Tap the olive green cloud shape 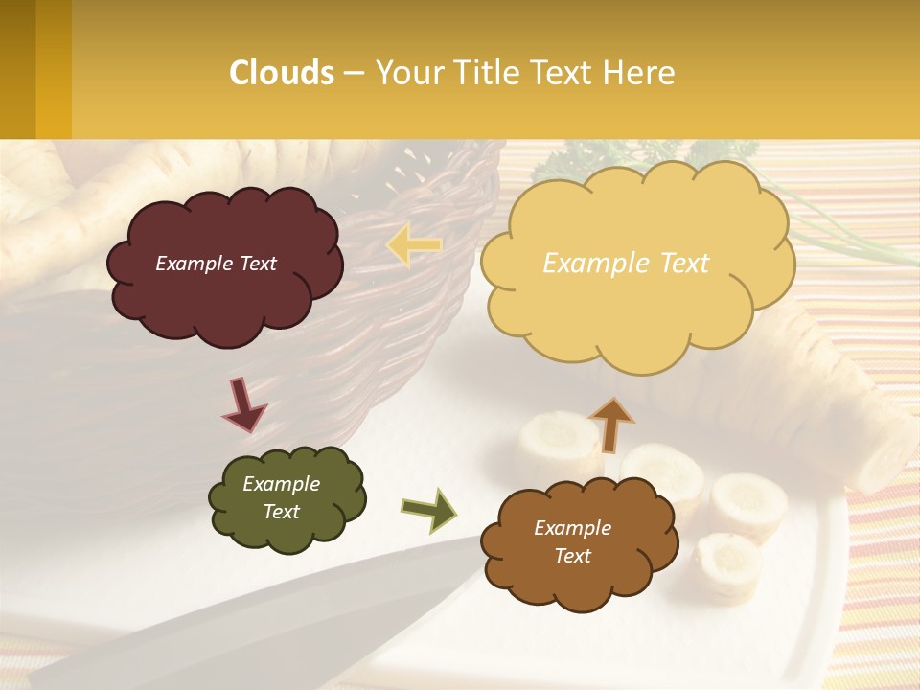click(287, 532)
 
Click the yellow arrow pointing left click(414, 245)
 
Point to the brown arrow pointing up click(610, 425)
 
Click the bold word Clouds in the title click(281, 73)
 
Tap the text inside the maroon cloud click(216, 264)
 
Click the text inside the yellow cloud click(626, 264)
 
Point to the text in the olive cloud click(281, 497)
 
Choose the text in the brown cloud click(572, 541)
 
